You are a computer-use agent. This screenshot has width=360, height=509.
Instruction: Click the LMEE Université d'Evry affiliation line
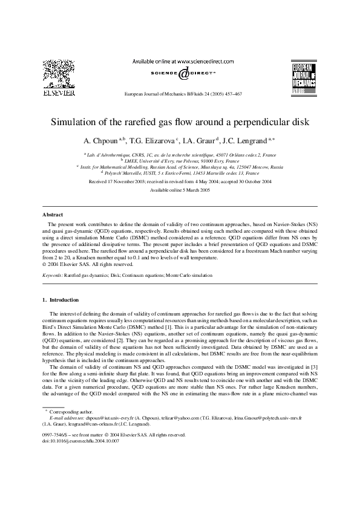(180, 160)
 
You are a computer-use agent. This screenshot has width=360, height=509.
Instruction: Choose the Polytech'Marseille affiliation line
(180, 172)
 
